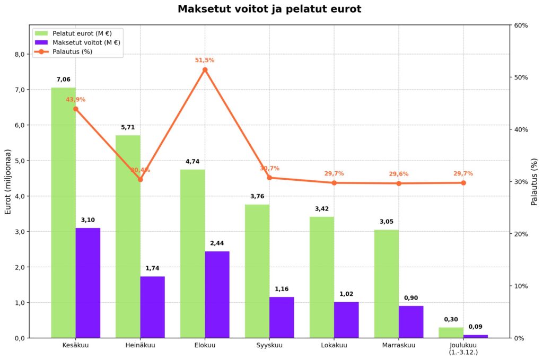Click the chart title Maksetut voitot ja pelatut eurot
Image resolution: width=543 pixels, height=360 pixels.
pos(269,9)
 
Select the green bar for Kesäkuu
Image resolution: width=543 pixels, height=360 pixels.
pos(63,212)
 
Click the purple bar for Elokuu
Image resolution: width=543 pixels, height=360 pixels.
pos(217,294)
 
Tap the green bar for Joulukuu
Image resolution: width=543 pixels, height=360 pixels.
pos(451,332)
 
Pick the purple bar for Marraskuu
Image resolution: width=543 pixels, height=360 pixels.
pos(411,322)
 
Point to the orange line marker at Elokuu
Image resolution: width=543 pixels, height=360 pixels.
pos(205,70)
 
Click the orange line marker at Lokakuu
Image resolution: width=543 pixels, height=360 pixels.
pos(334,183)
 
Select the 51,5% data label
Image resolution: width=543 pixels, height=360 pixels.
pos(205,60)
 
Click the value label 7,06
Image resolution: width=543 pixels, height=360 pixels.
pos(63,80)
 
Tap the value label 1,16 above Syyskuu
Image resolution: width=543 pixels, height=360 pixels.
pos(282,289)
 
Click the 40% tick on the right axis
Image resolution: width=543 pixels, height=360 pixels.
pos(521,129)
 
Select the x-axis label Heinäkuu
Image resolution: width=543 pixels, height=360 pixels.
pos(140,346)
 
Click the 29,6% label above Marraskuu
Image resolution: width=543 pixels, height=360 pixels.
pos(399,174)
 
